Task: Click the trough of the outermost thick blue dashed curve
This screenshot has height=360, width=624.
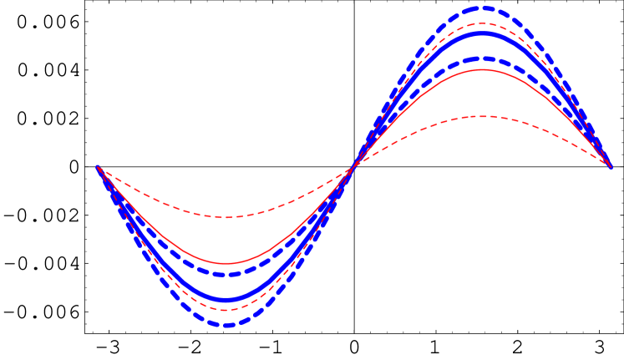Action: pos(226,324)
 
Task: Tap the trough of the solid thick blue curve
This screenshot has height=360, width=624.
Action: pos(226,299)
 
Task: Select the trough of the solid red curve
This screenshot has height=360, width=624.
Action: pos(226,264)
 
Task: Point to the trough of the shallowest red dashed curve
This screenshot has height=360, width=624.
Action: pos(226,217)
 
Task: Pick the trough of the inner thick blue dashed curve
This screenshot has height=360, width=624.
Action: pos(226,274)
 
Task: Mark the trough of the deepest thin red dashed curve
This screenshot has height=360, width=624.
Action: pos(226,310)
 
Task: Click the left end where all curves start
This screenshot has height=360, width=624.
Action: pos(98,167)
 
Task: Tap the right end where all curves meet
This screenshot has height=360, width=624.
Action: pos(611,167)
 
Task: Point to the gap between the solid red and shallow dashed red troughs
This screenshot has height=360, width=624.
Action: pos(226,241)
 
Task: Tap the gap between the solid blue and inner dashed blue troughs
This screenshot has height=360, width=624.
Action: pos(226,286)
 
